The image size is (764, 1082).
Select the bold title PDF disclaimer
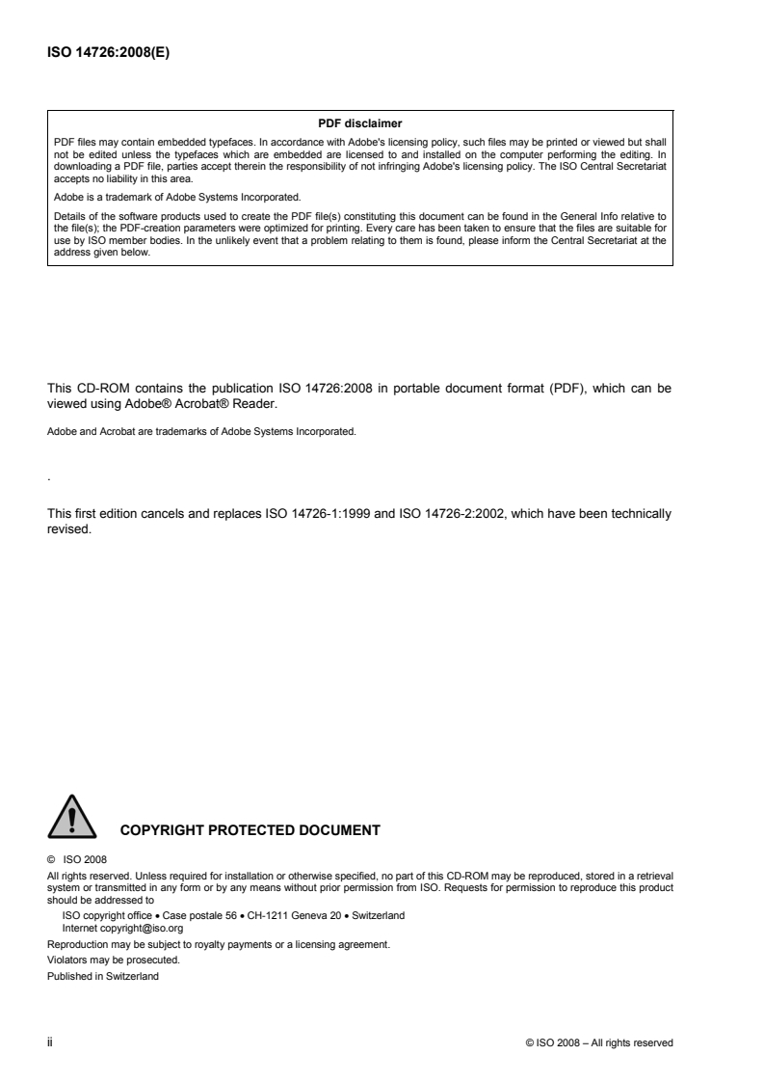click(x=359, y=122)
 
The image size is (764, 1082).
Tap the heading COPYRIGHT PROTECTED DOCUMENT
click(x=250, y=828)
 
